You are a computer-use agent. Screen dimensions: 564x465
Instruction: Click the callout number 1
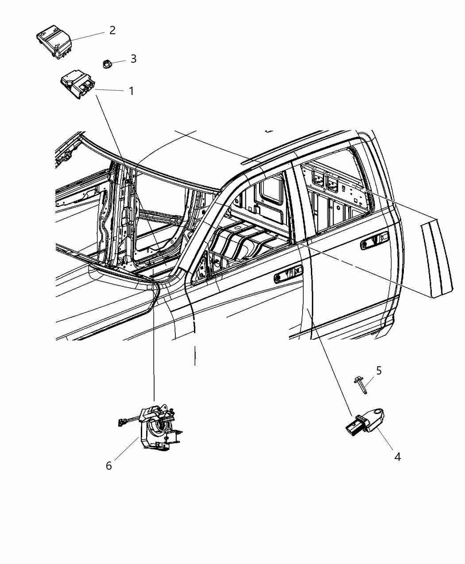[131, 91]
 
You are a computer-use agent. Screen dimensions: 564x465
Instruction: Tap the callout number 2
[112, 31]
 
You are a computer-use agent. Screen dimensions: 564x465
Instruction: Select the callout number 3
[133, 59]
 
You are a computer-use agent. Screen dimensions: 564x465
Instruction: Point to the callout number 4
[397, 457]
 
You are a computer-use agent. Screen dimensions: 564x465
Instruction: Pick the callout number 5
[379, 370]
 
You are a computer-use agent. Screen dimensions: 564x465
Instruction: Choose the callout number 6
[109, 466]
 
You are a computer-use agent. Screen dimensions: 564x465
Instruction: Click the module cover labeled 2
[54, 42]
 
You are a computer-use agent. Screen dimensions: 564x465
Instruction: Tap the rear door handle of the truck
[374, 242]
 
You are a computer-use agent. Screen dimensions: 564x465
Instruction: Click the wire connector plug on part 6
[121, 422]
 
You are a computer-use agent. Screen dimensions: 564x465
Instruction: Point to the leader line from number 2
[89, 36]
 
